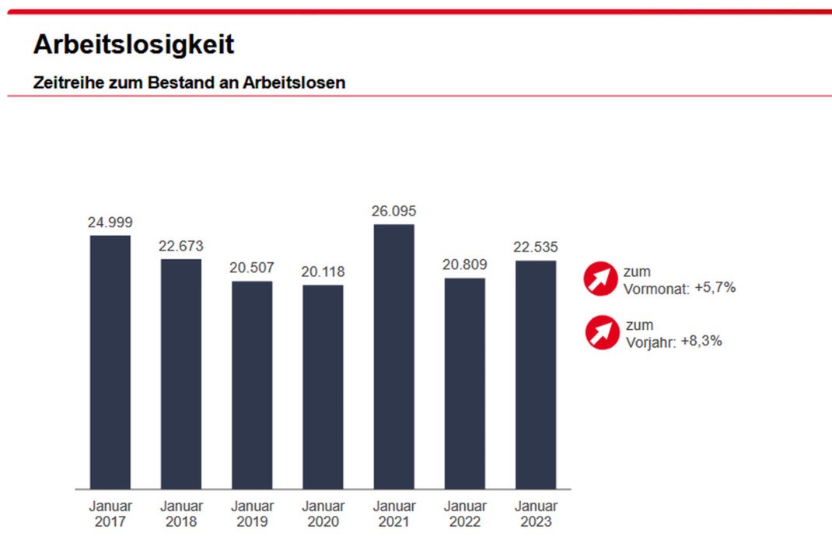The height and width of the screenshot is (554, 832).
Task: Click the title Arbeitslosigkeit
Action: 133,44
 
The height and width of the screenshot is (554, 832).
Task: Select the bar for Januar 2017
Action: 110,362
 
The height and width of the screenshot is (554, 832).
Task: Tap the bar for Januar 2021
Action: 394,356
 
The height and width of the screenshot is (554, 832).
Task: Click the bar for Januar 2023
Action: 536,374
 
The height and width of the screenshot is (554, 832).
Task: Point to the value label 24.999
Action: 110,223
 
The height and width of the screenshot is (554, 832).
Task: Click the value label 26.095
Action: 394,212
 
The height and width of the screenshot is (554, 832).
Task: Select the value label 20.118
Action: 323,272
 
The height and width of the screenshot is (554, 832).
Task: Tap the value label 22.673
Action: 181,246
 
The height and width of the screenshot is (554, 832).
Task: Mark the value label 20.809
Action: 465,265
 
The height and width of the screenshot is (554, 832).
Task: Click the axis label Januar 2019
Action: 252,514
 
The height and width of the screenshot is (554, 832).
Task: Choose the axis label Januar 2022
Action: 465,514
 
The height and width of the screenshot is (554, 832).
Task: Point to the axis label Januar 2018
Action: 181,514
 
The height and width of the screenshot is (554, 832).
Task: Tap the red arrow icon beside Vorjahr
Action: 602,333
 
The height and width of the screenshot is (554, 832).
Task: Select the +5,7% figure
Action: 715,288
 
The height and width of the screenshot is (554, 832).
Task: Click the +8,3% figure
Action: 701,340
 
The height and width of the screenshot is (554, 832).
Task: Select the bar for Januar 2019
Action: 252,385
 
